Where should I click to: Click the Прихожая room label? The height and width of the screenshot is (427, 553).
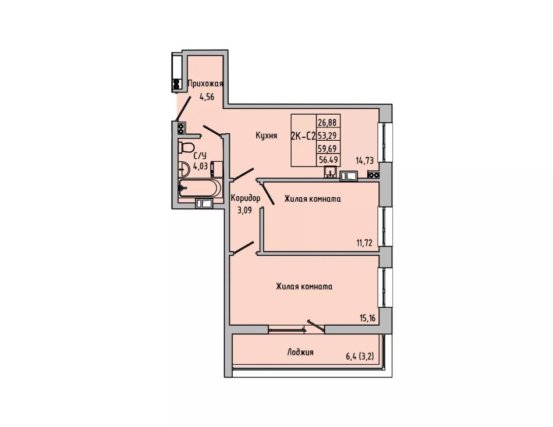(205, 84)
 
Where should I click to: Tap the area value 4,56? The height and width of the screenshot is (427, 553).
(207, 97)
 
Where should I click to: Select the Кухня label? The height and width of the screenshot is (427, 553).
(267, 136)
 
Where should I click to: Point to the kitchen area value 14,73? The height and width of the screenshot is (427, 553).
(364, 161)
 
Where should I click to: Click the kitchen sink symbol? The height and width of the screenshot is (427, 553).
(331, 172)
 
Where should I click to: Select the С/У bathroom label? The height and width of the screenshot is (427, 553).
(200, 155)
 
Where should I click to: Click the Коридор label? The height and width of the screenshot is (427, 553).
(246, 198)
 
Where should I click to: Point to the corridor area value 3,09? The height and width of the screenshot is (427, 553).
(244, 211)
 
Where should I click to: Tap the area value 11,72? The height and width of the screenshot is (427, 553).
(364, 243)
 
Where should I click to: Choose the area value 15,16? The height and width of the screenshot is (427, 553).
(367, 318)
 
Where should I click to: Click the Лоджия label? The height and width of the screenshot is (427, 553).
(300, 353)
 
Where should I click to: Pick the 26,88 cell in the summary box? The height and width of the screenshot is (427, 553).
(328, 122)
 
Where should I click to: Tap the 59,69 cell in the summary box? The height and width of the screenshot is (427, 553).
(328, 148)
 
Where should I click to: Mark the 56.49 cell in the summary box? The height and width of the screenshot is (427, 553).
(328, 160)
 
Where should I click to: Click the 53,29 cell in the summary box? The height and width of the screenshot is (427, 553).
(328, 135)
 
